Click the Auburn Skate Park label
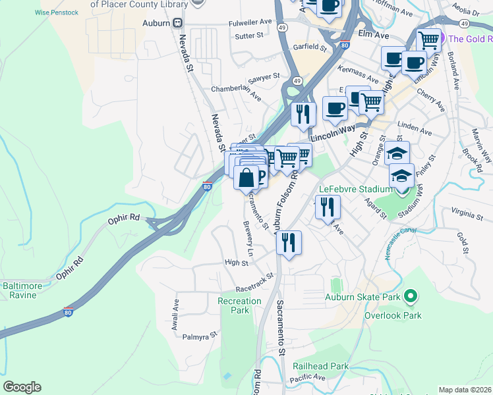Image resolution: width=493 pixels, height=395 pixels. coord(362,298)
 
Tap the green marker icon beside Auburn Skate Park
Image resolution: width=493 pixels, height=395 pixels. coord(411,298)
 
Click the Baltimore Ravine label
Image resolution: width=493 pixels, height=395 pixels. coord(23,290)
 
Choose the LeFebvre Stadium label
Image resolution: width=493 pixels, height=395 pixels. coord(351,189)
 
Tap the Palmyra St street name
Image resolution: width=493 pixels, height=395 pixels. coord(200,336)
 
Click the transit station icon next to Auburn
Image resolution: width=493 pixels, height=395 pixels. coord(178,22)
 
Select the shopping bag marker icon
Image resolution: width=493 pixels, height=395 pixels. coord(246,178)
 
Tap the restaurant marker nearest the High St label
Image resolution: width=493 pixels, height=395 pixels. coord(288,242)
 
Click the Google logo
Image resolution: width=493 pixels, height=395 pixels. coord(22,387)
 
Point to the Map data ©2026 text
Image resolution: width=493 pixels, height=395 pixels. coord(465,390)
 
